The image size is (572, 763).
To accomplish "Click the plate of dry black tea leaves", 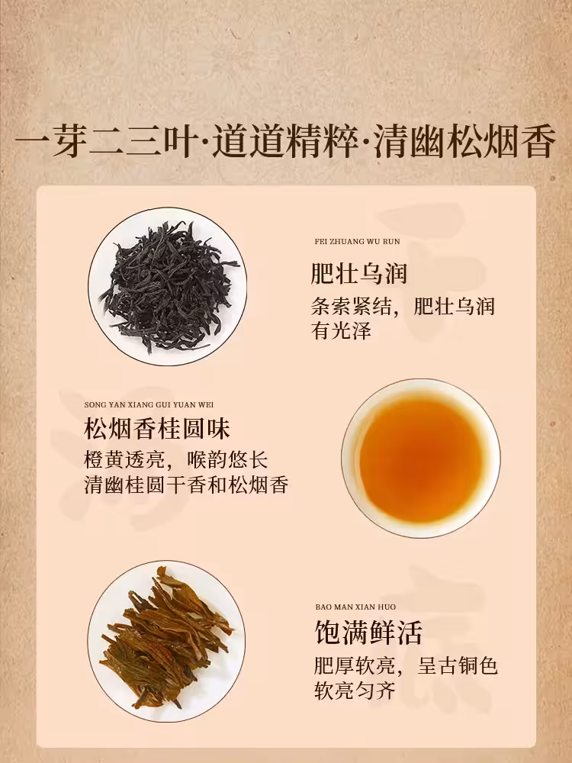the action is (167, 287).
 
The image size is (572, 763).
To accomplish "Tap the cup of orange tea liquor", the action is (421, 459).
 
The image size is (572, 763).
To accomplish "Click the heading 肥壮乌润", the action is (359, 273).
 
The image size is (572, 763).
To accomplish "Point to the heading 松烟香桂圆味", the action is (156, 428).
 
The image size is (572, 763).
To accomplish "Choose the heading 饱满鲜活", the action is (368, 632).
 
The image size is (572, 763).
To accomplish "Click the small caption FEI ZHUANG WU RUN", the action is (358, 241).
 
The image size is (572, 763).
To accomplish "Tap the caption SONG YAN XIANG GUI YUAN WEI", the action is (149, 405).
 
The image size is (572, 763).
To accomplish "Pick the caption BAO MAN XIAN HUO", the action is (355, 607).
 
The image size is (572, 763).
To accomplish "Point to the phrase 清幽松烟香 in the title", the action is (464, 142).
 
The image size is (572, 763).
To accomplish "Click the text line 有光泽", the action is (342, 330).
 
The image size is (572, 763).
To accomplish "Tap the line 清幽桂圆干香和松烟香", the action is (186, 485).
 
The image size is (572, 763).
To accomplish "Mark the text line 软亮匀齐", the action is (355, 691).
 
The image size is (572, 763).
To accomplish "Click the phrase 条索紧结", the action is (351, 307).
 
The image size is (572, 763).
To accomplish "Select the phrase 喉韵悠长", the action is (227, 460).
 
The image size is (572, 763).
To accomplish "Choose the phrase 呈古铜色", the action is (458, 665).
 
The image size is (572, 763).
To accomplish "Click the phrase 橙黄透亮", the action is (124, 460).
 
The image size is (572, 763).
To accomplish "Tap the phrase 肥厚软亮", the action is (355, 665).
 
